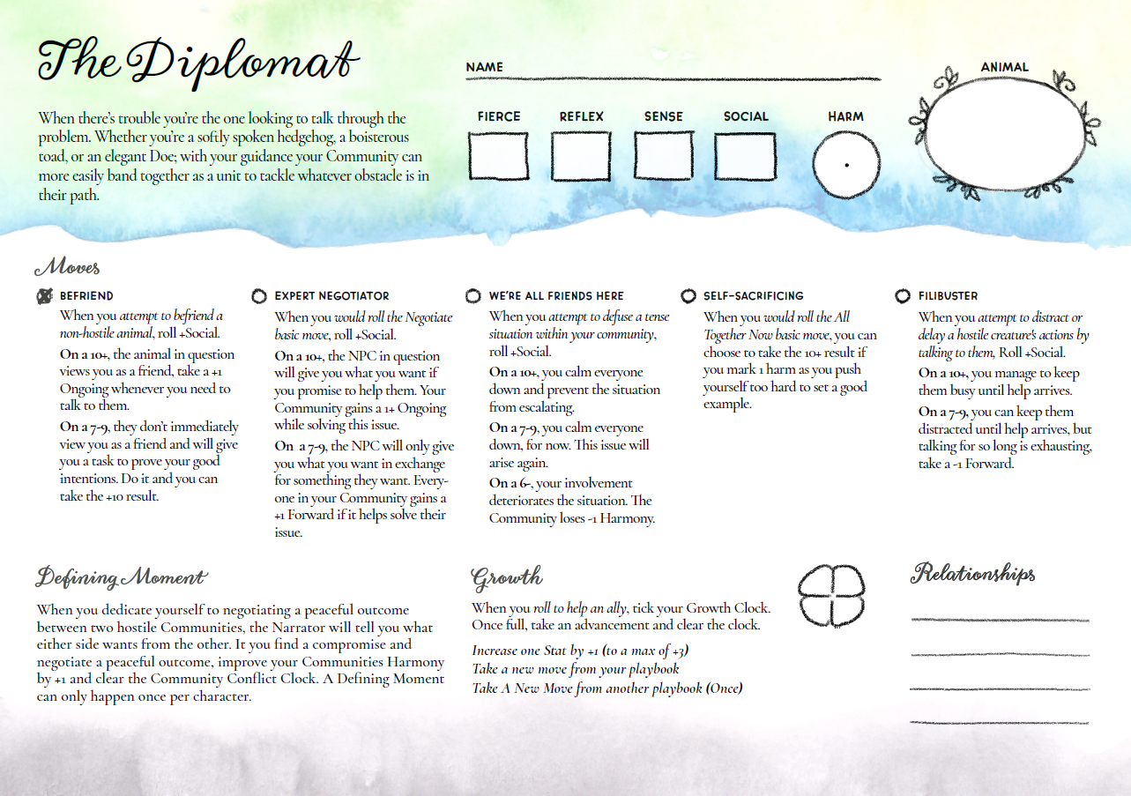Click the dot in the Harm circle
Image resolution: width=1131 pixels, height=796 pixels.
point(847,165)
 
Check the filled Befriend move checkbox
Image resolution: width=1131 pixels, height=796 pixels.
point(44,296)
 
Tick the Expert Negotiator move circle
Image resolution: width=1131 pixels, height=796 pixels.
point(259,296)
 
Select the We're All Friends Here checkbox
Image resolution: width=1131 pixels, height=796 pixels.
point(473,296)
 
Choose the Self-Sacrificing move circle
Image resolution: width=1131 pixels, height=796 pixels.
point(688,296)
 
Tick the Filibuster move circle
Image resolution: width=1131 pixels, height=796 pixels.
point(903,296)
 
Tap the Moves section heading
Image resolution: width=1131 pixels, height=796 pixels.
point(67,266)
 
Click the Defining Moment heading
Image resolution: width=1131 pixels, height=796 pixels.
point(121,577)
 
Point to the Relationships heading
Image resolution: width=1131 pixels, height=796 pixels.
point(973,574)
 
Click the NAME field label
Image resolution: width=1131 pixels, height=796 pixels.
point(484,67)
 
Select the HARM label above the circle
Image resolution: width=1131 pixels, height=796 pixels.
point(845,116)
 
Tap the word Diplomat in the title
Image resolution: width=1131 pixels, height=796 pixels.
point(242,62)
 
